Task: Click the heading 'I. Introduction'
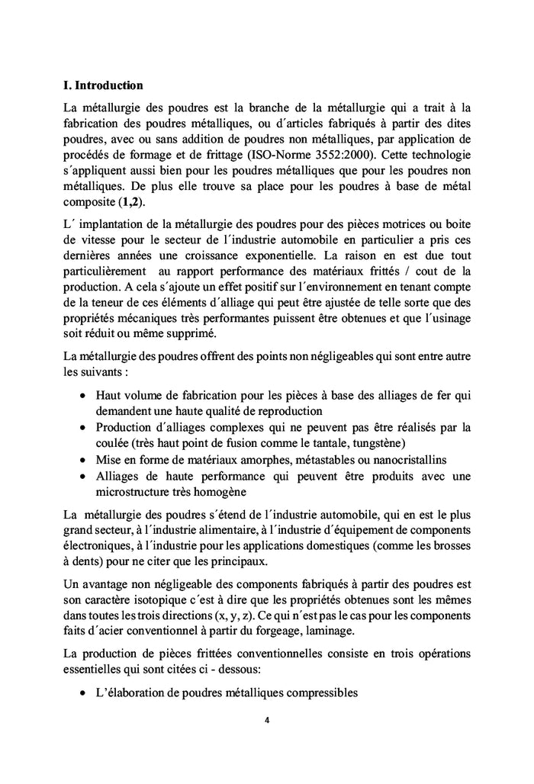[x=103, y=85]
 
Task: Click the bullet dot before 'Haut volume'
[x=82, y=395]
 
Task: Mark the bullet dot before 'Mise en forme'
[x=82, y=459]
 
